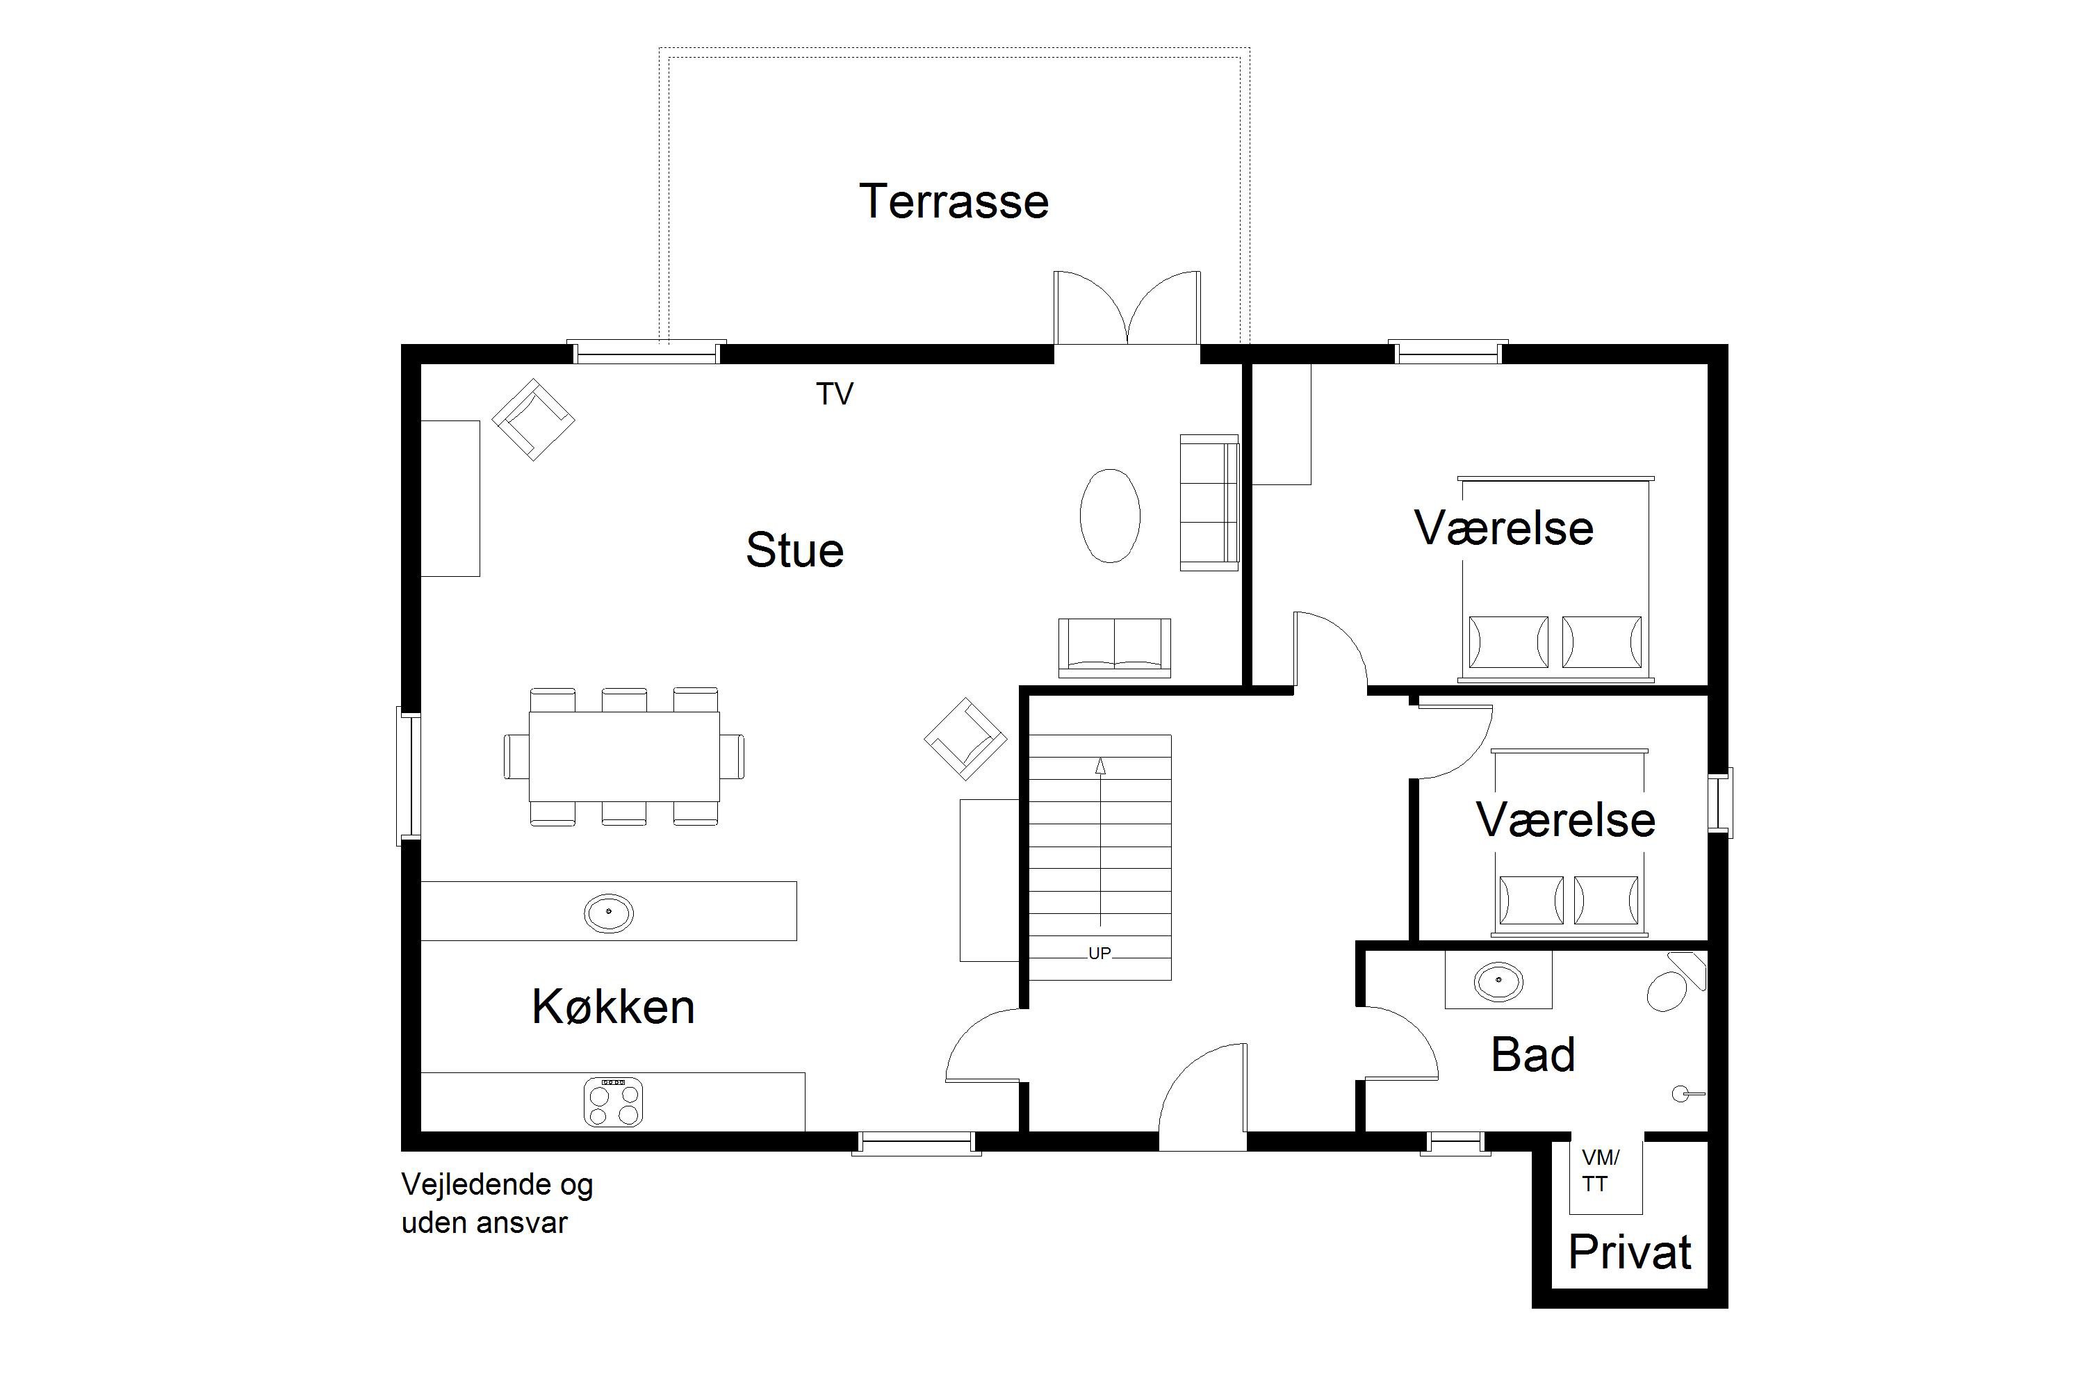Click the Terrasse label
tap(954, 202)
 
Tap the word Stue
tap(794, 550)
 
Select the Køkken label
tap(612, 1007)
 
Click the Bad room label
tap(1532, 1055)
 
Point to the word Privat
tap(1629, 1252)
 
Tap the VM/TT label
tap(1600, 1171)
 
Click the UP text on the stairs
tap(1099, 954)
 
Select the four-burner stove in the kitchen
tap(612, 1102)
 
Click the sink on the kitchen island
tap(609, 912)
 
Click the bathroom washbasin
tap(1499, 981)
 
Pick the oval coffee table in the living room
tap(1110, 516)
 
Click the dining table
tap(624, 756)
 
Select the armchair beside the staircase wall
tap(965, 738)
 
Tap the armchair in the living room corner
tap(534, 419)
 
